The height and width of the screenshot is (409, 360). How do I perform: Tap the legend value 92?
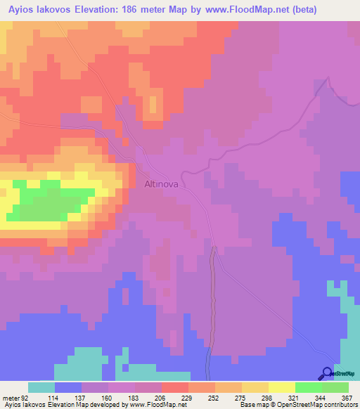pyautogui.click(x=27, y=397)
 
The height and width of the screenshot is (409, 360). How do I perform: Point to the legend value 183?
pyautogui.click(x=134, y=397)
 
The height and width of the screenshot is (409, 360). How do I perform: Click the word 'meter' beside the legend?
pyautogui.click(x=11, y=397)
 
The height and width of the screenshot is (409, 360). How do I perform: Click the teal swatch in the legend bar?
pyautogui.click(x=41, y=387)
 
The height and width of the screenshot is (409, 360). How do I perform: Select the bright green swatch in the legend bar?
pyautogui.click(x=308, y=387)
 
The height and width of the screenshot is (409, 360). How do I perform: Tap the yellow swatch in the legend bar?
pyautogui.click(x=281, y=387)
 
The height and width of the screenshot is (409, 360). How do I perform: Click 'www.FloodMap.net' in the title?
pyautogui.click(x=240, y=10)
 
